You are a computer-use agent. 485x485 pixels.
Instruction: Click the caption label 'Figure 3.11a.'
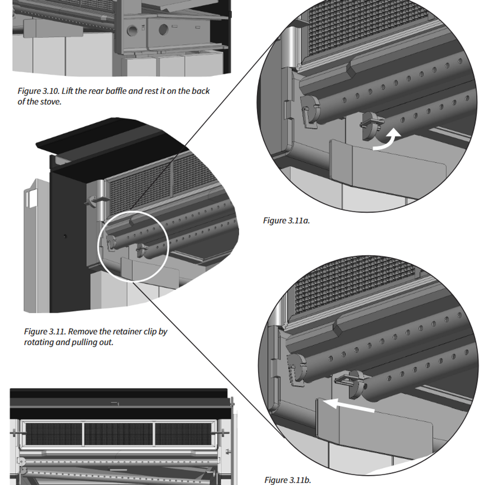pos(286,221)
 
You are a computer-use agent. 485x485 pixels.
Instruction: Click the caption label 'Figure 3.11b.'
pos(288,480)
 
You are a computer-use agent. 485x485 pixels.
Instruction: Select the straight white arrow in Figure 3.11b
pos(349,405)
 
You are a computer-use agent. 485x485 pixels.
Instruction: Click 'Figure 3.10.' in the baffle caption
pos(38,91)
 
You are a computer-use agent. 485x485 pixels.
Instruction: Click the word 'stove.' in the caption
pos(51,102)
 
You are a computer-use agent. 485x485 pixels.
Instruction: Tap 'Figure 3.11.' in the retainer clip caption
pos(45,332)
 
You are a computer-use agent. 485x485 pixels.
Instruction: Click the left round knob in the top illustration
pos(133,31)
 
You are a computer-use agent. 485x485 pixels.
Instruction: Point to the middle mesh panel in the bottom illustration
pos(118,434)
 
